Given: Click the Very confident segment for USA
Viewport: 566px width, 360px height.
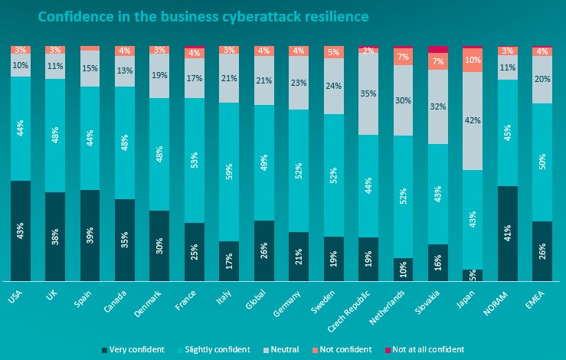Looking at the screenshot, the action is [21, 231].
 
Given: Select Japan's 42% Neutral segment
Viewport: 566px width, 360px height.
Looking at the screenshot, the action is [473, 121].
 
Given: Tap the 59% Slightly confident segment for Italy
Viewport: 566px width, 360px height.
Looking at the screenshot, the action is [229, 172].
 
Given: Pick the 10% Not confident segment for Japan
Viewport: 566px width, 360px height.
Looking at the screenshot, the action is [473, 60].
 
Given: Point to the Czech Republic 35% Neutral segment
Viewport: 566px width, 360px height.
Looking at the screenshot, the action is [368, 94].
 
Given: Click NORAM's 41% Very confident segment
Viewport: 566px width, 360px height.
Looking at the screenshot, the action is [508, 234].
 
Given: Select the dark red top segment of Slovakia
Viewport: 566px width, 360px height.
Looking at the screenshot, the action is [438, 50].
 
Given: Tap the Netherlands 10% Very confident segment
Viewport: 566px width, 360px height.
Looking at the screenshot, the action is [403, 270].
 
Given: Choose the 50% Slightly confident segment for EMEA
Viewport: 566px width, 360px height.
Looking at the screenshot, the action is [542, 162].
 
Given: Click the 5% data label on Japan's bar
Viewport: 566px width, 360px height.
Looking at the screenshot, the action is [473, 276].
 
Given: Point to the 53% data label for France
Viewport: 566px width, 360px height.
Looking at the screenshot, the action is [195, 161].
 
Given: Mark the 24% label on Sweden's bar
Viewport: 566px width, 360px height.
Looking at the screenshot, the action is [333, 86].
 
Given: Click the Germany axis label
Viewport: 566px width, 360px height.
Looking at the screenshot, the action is [287, 303].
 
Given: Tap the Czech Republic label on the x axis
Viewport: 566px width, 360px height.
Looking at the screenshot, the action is [349, 311].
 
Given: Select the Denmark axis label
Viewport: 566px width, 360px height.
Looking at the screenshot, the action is [148, 303].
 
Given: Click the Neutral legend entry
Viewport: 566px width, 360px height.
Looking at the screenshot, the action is [281, 349].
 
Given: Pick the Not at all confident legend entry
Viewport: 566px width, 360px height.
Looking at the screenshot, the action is [424, 349].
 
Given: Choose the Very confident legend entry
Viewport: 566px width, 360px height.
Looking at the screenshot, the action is [133, 349].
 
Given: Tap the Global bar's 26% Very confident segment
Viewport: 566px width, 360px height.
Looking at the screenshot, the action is [264, 250].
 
